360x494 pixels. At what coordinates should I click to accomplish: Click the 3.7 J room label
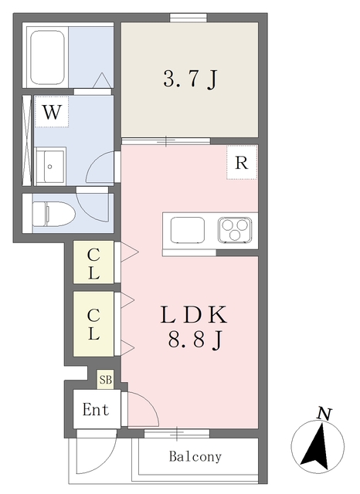188,80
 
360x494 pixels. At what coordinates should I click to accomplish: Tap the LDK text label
193,316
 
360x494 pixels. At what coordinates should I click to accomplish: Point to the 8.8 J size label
193,339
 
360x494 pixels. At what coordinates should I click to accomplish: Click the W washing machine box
52,112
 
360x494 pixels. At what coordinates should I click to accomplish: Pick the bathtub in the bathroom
48,58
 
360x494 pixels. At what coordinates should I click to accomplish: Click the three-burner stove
235,230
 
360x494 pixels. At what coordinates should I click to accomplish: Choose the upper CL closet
93,262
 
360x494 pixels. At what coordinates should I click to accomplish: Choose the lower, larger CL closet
93,323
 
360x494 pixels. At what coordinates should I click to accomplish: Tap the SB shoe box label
105,380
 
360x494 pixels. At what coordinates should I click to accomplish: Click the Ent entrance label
96,410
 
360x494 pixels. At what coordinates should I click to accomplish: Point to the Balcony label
196,456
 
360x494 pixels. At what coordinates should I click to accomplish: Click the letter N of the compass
324,414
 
